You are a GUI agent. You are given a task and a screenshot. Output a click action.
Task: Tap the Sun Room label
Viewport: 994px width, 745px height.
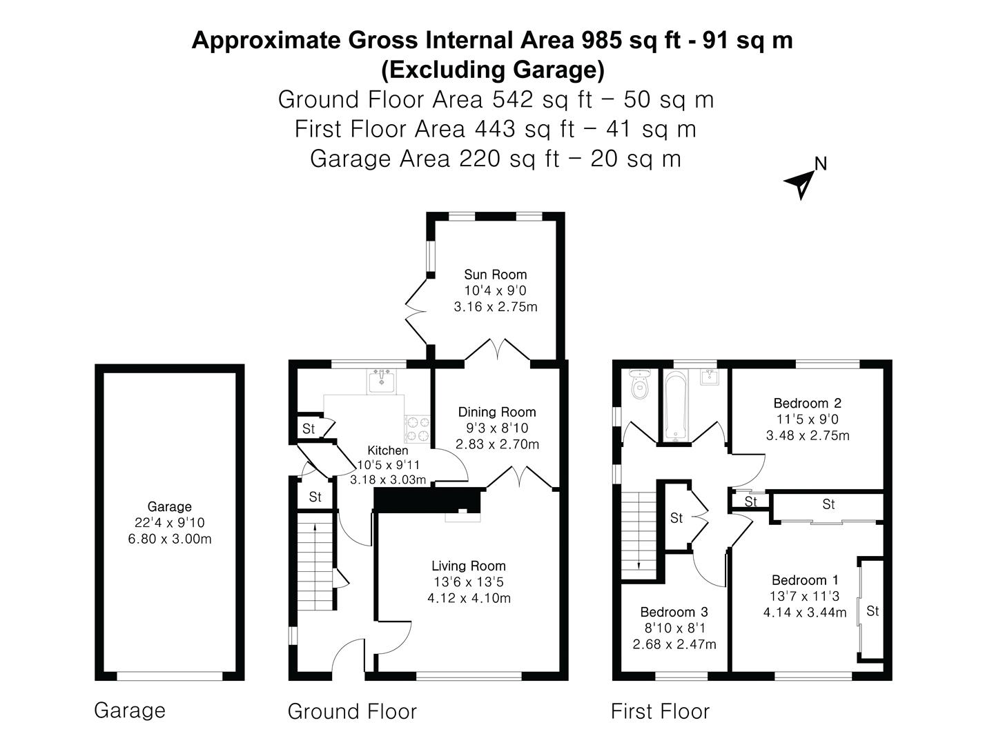click(495, 275)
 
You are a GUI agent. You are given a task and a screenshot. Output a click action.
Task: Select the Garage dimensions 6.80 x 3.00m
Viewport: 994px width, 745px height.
click(170, 539)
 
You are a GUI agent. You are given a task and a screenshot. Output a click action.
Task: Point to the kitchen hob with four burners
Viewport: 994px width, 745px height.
click(417, 428)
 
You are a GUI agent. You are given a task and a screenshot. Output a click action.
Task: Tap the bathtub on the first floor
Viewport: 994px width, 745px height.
click(676, 406)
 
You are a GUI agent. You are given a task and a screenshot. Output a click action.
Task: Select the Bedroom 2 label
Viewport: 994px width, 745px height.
click(807, 403)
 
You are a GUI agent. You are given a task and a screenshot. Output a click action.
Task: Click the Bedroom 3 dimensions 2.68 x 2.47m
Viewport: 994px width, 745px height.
click(674, 645)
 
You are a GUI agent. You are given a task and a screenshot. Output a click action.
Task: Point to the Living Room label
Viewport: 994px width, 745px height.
click(469, 566)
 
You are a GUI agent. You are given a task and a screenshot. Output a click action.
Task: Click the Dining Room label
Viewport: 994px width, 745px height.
click(497, 412)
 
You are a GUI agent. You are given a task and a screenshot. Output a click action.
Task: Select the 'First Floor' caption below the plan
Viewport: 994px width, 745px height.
click(660, 711)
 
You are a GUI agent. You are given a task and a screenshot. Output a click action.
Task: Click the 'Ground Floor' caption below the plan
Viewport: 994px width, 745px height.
click(352, 711)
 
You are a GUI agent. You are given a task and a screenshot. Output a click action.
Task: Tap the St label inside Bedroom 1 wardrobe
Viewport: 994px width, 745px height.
click(872, 611)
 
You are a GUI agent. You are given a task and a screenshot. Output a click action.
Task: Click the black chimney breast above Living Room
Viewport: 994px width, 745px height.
click(427, 499)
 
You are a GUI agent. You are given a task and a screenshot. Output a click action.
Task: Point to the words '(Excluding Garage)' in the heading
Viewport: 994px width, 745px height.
click(492, 70)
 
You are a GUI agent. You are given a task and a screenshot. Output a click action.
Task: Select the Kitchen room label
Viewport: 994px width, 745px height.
click(387, 450)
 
